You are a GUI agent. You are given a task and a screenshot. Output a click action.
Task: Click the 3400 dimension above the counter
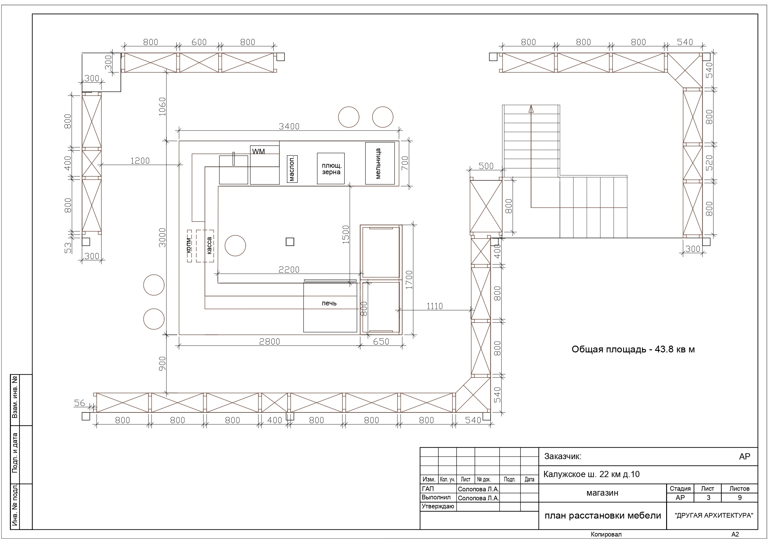(289, 127)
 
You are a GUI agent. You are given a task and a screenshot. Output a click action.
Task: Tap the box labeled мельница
(380, 163)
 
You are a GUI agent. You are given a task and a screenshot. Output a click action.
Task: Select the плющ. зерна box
(331, 168)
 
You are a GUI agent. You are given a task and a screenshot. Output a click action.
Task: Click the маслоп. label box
(292, 169)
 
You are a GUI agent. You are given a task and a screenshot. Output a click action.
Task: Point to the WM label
(259, 152)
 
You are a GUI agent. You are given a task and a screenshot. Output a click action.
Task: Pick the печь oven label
(329, 303)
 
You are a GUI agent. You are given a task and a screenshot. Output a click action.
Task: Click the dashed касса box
(205, 246)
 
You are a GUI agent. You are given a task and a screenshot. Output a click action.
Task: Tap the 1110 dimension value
(434, 306)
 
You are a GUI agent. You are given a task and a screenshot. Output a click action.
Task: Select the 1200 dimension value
(140, 161)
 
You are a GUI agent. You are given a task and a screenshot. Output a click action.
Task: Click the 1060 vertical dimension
(162, 106)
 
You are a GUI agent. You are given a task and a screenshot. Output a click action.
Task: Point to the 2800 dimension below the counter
(270, 342)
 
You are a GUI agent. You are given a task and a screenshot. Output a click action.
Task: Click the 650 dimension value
(381, 342)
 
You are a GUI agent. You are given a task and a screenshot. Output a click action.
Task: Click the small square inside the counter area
(290, 242)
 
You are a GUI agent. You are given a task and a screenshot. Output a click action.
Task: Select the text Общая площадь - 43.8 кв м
(633, 350)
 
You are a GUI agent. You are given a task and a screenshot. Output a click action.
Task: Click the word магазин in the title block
(602, 493)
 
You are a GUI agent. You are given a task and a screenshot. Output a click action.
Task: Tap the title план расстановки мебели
(603, 515)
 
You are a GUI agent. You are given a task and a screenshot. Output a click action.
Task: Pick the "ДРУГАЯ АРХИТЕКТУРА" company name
(714, 515)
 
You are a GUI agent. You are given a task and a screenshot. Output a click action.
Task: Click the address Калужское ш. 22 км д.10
(591, 474)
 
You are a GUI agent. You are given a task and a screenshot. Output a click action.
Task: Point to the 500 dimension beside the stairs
(486, 166)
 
